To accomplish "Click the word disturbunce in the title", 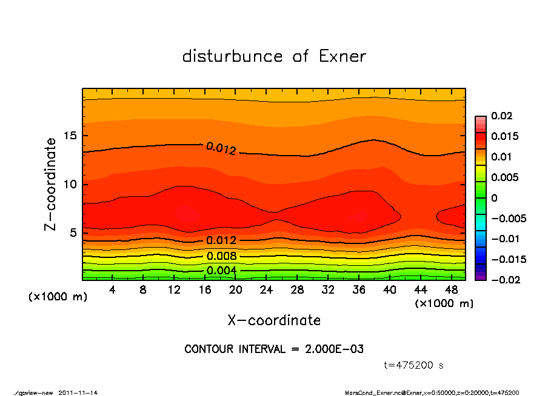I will click(232, 56).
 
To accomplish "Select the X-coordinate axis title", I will click(274, 320).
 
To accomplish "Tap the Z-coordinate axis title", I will click(50, 184).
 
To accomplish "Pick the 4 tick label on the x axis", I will click(113, 289).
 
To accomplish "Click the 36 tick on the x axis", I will click(359, 289).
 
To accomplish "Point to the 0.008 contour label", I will click(221, 256).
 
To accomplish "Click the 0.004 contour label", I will click(221, 270).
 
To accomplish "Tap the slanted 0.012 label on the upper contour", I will click(221, 148).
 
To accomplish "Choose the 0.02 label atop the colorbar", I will click(501, 116).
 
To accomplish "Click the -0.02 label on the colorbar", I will click(503, 280).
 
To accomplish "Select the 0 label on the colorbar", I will click(494, 198).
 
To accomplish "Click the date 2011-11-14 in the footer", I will click(78, 392).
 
